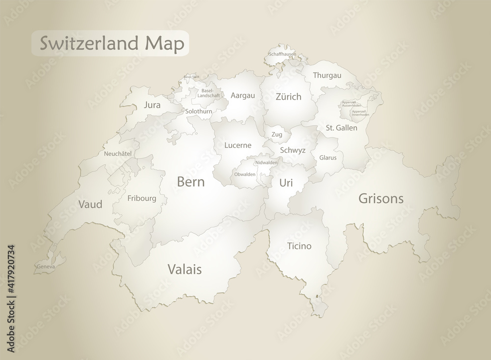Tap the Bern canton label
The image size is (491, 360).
[x=191, y=182]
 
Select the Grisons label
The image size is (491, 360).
[x=381, y=198]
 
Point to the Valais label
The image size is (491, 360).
[x=185, y=269]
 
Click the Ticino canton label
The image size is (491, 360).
[x=299, y=246]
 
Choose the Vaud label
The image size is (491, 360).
[x=90, y=204]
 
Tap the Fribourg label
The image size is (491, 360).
[x=141, y=198]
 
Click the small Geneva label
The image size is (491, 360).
[x=45, y=267]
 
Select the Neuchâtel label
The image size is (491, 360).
[x=118, y=154]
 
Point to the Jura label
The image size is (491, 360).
[x=152, y=105]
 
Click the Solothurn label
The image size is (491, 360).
[x=199, y=111]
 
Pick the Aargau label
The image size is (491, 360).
[x=243, y=95]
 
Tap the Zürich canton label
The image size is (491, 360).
[x=288, y=97]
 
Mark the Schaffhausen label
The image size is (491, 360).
[x=282, y=54]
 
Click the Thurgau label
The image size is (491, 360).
[x=327, y=75]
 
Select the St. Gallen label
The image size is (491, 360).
[x=341, y=128]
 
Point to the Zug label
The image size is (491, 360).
[x=276, y=134]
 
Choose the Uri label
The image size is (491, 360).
[x=286, y=183]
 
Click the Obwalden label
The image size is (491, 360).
[x=245, y=174]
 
